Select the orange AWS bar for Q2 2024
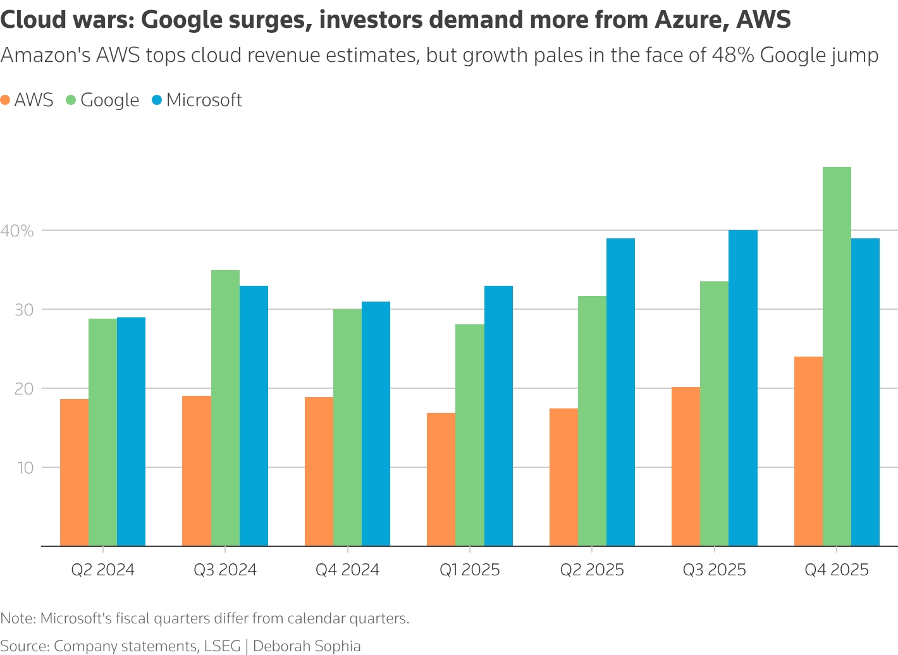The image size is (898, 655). point(74,472)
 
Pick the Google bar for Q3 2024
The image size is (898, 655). point(225,408)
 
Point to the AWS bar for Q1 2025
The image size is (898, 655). point(441,479)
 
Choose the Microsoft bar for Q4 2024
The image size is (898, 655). point(376,424)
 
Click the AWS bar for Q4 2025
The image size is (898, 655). point(808,451)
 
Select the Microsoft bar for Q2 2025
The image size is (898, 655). point(620,392)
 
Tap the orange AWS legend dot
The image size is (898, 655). point(6,100)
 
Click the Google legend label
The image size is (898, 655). point(109,100)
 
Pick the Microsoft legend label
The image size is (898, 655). point(204,100)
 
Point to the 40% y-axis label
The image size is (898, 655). point(17,231)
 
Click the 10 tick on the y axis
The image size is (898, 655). point(25,468)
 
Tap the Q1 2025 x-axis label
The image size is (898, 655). point(470,570)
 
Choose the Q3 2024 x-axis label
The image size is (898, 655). point(225,570)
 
